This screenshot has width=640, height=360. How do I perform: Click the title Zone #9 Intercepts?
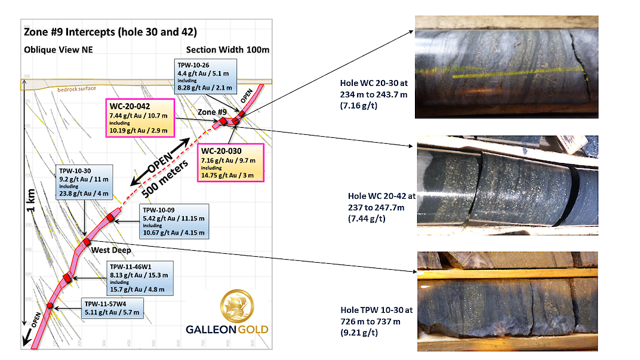[109, 32]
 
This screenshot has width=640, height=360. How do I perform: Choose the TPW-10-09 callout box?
[173, 219]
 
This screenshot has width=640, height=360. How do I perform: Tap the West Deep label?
[110, 250]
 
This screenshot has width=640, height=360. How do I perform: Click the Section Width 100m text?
[224, 50]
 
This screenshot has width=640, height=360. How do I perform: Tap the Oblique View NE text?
[57, 50]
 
